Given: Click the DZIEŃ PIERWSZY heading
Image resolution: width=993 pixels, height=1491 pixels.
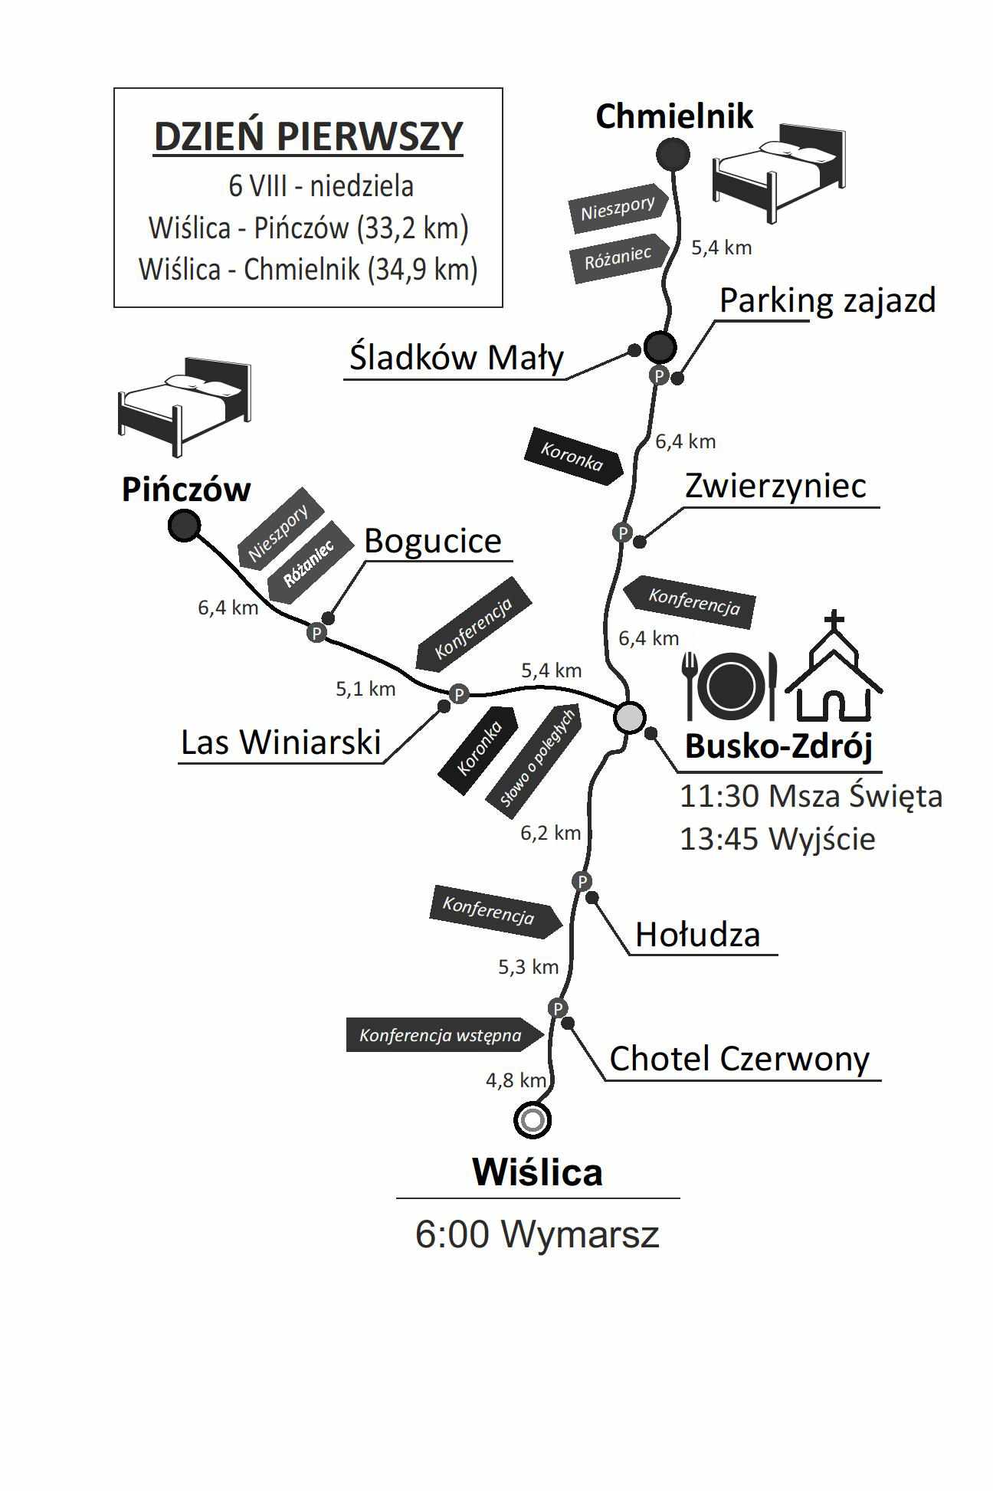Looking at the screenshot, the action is pos(309,137).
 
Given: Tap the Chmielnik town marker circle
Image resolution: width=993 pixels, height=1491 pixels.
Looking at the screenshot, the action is pos(673,155).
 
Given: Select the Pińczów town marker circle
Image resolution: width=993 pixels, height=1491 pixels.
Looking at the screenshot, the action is pos(184,526).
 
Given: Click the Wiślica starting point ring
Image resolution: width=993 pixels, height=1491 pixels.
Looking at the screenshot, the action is pos(533,1120).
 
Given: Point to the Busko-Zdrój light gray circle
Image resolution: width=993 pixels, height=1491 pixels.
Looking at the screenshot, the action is pos(630,718).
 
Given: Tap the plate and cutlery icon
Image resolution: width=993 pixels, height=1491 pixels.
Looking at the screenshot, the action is pos(730,685).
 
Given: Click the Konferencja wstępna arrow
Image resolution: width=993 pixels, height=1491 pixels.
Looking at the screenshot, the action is pos(445,1035).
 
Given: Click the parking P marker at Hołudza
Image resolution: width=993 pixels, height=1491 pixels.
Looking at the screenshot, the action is pos(582,881).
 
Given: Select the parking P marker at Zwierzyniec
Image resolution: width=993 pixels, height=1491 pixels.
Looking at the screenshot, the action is pos(623,532).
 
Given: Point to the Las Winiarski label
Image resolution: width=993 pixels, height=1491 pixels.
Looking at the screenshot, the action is pos(280,742).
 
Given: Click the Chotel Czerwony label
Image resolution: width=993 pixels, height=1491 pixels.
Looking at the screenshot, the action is pos(739,1059).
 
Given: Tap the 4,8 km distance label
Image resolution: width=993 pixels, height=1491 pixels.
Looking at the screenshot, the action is pos(516,1080).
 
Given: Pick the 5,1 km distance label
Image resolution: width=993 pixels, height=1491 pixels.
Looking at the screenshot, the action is pos(365,689).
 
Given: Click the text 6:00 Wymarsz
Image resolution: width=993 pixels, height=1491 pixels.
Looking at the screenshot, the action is pos(537,1234).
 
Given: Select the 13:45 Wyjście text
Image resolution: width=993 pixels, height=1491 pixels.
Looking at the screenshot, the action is pos(777,839).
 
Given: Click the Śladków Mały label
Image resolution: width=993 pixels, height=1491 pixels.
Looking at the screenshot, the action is pos(457,358).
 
